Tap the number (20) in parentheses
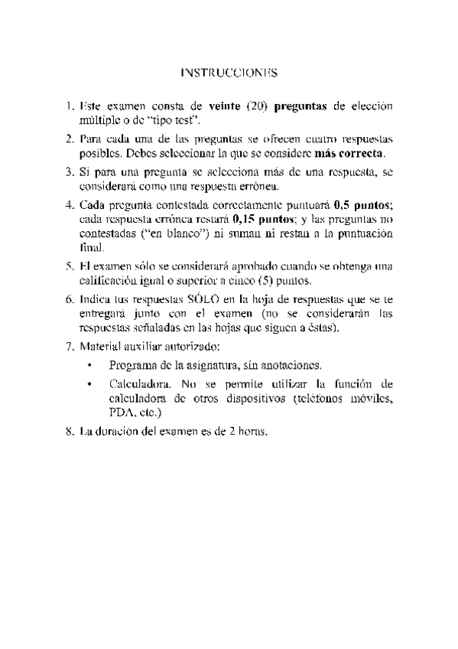[x=257, y=106]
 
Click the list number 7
[x=70, y=347]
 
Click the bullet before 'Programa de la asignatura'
[x=90, y=366]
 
